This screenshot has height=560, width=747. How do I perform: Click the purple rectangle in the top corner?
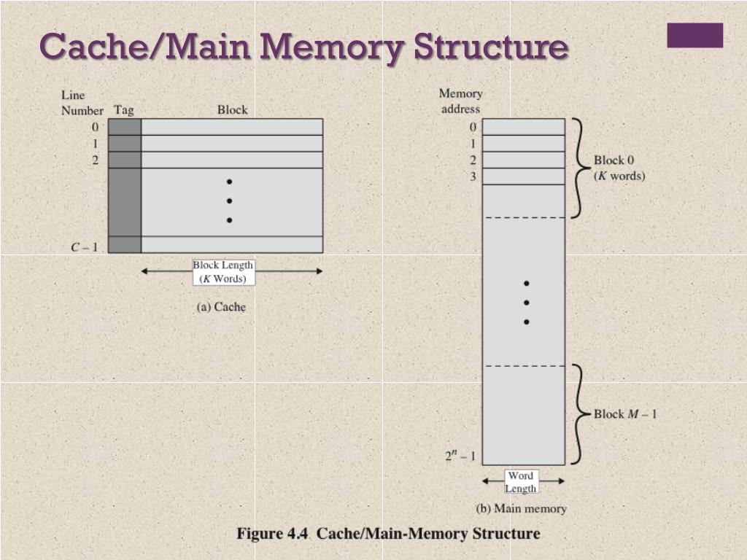point(694,35)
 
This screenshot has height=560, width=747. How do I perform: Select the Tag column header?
point(124,110)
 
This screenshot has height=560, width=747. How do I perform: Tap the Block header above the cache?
point(232,110)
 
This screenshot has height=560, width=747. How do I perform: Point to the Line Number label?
point(82,103)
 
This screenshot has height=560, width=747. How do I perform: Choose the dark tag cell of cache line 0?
point(125,127)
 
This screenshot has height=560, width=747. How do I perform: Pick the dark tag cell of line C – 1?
point(125,244)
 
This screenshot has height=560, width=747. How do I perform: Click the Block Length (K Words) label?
point(223,272)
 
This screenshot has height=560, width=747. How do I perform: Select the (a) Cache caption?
point(222,307)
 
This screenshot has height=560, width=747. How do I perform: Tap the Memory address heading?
point(460,101)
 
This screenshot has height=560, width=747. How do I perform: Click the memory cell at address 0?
point(524,127)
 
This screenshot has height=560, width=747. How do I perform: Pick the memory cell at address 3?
point(524,176)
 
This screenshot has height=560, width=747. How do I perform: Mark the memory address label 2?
point(473,160)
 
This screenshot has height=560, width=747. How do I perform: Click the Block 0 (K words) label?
point(619,168)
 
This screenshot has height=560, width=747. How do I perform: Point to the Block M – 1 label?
point(625,414)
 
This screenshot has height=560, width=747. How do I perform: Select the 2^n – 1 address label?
point(460,456)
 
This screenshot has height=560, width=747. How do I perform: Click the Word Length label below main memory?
point(521,482)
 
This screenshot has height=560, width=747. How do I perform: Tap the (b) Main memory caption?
point(521,508)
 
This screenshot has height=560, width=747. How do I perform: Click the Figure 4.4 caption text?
point(388,534)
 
